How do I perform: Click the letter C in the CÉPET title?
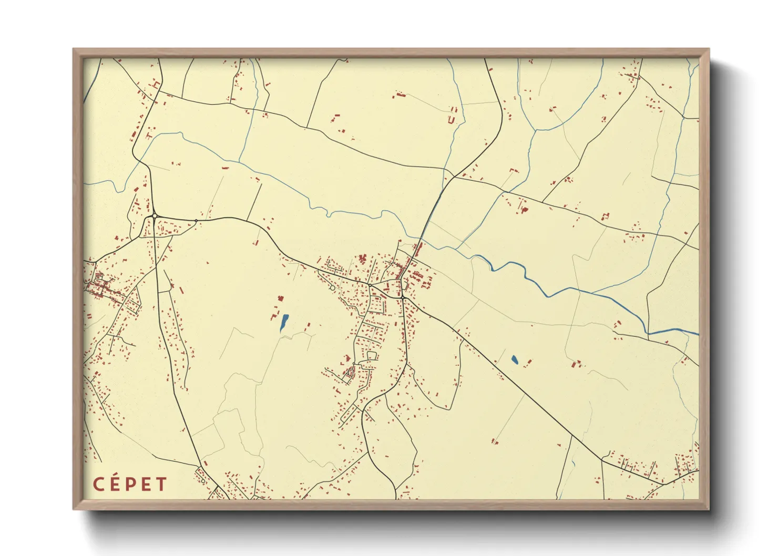click(x=98, y=484)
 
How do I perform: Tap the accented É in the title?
click(x=114, y=484)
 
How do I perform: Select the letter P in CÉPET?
click(x=130, y=484)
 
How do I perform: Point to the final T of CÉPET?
click(x=161, y=484)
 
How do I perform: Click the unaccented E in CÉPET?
click(x=146, y=484)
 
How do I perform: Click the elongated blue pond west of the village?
click(x=284, y=322)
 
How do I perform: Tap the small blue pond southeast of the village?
click(x=514, y=360)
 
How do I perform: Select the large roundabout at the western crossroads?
click(x=155, y=216)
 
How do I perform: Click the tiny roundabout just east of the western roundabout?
click(x=196, y=220)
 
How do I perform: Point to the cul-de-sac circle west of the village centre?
click(x=332, y=288)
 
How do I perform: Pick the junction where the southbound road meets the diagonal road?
click(x=402, y=297)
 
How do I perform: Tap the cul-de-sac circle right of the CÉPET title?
click(x=203, y=481)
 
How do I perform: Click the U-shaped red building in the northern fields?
click(x=451, y=120)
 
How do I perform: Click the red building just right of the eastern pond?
click(x=528, y=362)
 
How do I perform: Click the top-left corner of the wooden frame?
click(x=74, y=49)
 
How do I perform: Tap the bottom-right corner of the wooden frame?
click(x=709, y=509)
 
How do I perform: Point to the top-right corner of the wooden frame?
click(x=709, y=49)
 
